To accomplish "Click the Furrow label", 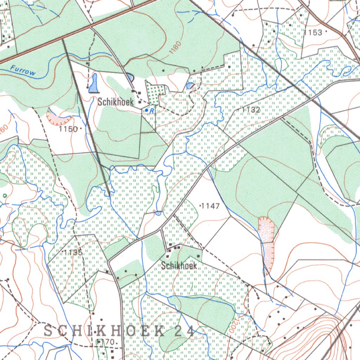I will click(23, 70).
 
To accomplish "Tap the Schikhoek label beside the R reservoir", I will click(116, 102).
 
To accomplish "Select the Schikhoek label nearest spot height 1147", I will click(179, 266).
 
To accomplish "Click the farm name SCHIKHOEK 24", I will click(119, 331).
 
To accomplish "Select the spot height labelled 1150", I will click(68, 129).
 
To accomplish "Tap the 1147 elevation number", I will click(211, 206).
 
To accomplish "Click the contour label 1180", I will click(175, 47).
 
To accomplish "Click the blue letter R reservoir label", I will click(151, 111).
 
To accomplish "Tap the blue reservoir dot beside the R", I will click(146, 110).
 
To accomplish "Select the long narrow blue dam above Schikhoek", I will click(94, 83).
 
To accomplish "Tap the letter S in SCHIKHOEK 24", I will click(49, 331).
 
